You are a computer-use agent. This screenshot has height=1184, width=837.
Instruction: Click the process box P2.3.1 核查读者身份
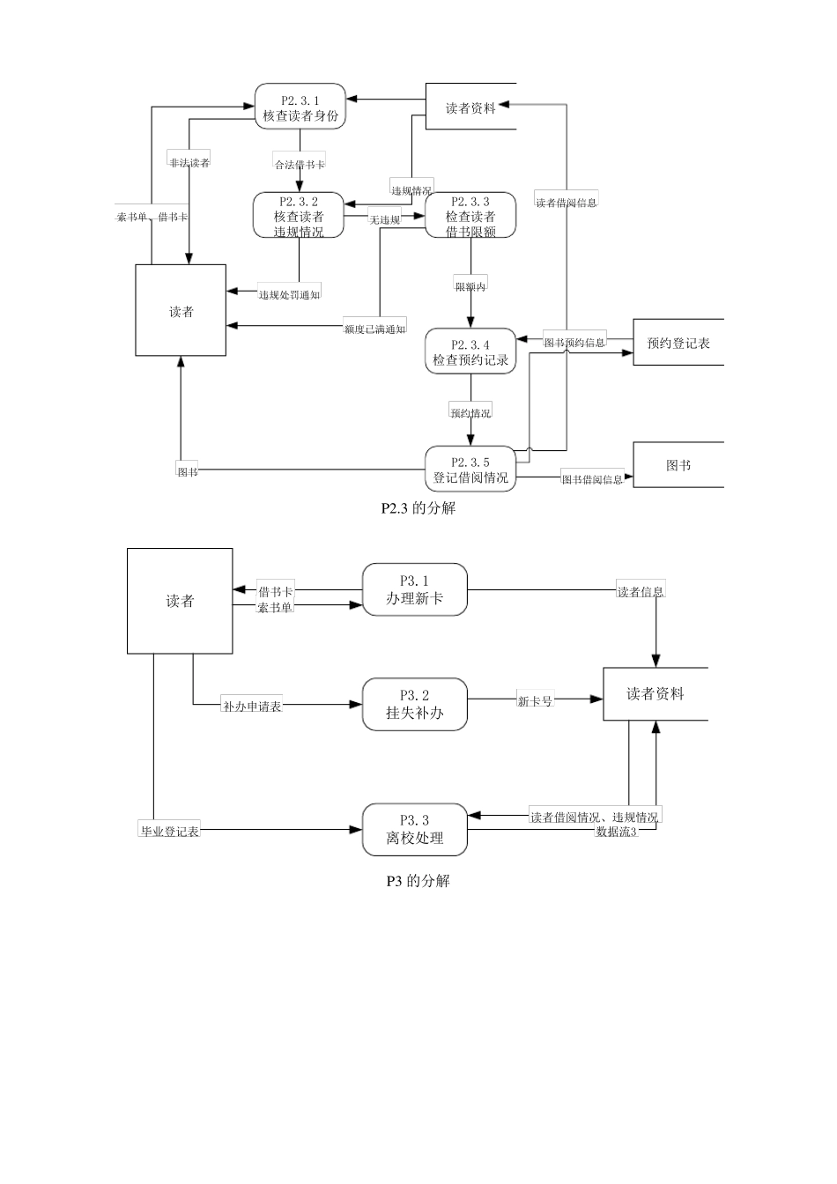[300, 107]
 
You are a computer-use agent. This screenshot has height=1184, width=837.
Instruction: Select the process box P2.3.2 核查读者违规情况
[299, 216]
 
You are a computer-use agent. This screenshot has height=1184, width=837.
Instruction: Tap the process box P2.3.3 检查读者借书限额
[470, 216]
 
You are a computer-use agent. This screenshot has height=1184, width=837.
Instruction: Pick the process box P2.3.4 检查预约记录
[470, 351]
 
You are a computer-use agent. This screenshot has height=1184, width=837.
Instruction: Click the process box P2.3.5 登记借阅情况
[470, 470]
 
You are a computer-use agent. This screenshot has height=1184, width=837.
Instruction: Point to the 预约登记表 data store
[678, 343]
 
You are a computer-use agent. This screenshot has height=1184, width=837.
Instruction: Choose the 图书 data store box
[678, 465]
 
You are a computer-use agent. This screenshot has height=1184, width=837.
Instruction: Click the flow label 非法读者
[189, 162]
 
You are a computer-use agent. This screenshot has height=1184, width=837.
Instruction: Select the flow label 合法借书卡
[300, 165]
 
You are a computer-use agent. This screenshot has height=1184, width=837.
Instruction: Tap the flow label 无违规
[385, 219]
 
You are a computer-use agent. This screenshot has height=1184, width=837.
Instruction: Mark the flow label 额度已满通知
[374, 329]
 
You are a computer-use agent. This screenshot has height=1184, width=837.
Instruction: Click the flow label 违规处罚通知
[289, 294]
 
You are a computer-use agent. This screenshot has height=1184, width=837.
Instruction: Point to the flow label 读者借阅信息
[567, 203]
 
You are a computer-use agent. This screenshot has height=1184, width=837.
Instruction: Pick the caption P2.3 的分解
[418, 508]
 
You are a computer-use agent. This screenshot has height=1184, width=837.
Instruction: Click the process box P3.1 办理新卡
[414, 589]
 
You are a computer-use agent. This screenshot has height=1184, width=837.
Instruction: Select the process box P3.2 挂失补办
[414, 704]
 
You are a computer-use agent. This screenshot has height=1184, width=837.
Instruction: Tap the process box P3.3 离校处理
[414, 829]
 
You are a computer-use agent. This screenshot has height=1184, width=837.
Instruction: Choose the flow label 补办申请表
[252, 707]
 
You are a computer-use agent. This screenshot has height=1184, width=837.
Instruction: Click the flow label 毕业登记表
[170, 831]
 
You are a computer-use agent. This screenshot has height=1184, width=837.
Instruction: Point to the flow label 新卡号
[535, 701]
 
